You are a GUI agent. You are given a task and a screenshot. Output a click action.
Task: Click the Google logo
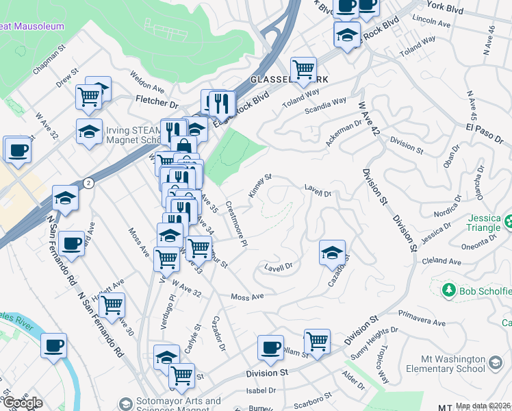23,403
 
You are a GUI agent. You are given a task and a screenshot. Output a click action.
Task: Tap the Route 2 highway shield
89,183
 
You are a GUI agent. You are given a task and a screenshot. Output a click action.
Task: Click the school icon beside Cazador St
332,253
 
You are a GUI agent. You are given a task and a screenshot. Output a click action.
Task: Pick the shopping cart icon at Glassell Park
303,68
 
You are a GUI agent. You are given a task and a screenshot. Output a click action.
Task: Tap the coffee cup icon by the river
53,346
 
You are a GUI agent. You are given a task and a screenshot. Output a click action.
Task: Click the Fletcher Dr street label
157,103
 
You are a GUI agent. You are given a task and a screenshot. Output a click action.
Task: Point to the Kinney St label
260,186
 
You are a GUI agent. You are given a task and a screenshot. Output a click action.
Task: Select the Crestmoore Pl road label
236,223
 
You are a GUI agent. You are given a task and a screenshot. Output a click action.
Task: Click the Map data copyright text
483,406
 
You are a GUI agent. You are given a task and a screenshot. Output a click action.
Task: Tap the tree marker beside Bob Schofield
448,290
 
